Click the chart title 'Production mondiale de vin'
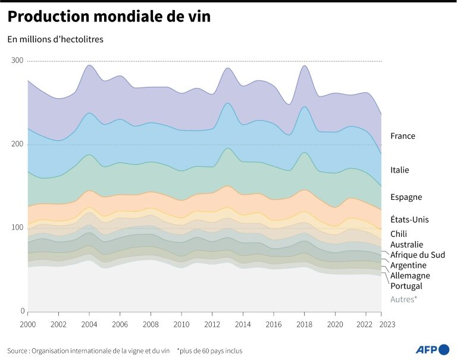pyautogui.click(x=108, y=17)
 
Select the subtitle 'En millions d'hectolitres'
pyautogui.click(x=55, y=40)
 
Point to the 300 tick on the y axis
pyautogui.click(x=17, y=61)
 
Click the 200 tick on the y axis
pyautogui.click(x=17, y=145)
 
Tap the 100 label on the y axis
pyautogui.click(x=17, y=228)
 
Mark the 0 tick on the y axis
pyautogui.click(x=21, y=311)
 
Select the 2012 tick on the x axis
pyautogui.click(x=212, y=324)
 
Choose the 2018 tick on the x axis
pyautogui.click(x=305, y=324)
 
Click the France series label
pyautogui.click(x=403, y=136)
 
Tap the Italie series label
pyautogui.click(x=400, y=170)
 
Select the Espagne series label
pyautogui.click(x=406, y=197)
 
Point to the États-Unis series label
pyautogui.click(x=409, y=220)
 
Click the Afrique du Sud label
pyautogui.click(x=418, y=255)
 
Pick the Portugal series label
pyautogui.click(x=406, y=286)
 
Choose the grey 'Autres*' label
pyautogui.click(x=403, y=299)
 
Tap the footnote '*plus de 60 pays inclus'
pyautogui.click(x=209, y=350)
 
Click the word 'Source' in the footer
pyautogui.click(x=18, y=350)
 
